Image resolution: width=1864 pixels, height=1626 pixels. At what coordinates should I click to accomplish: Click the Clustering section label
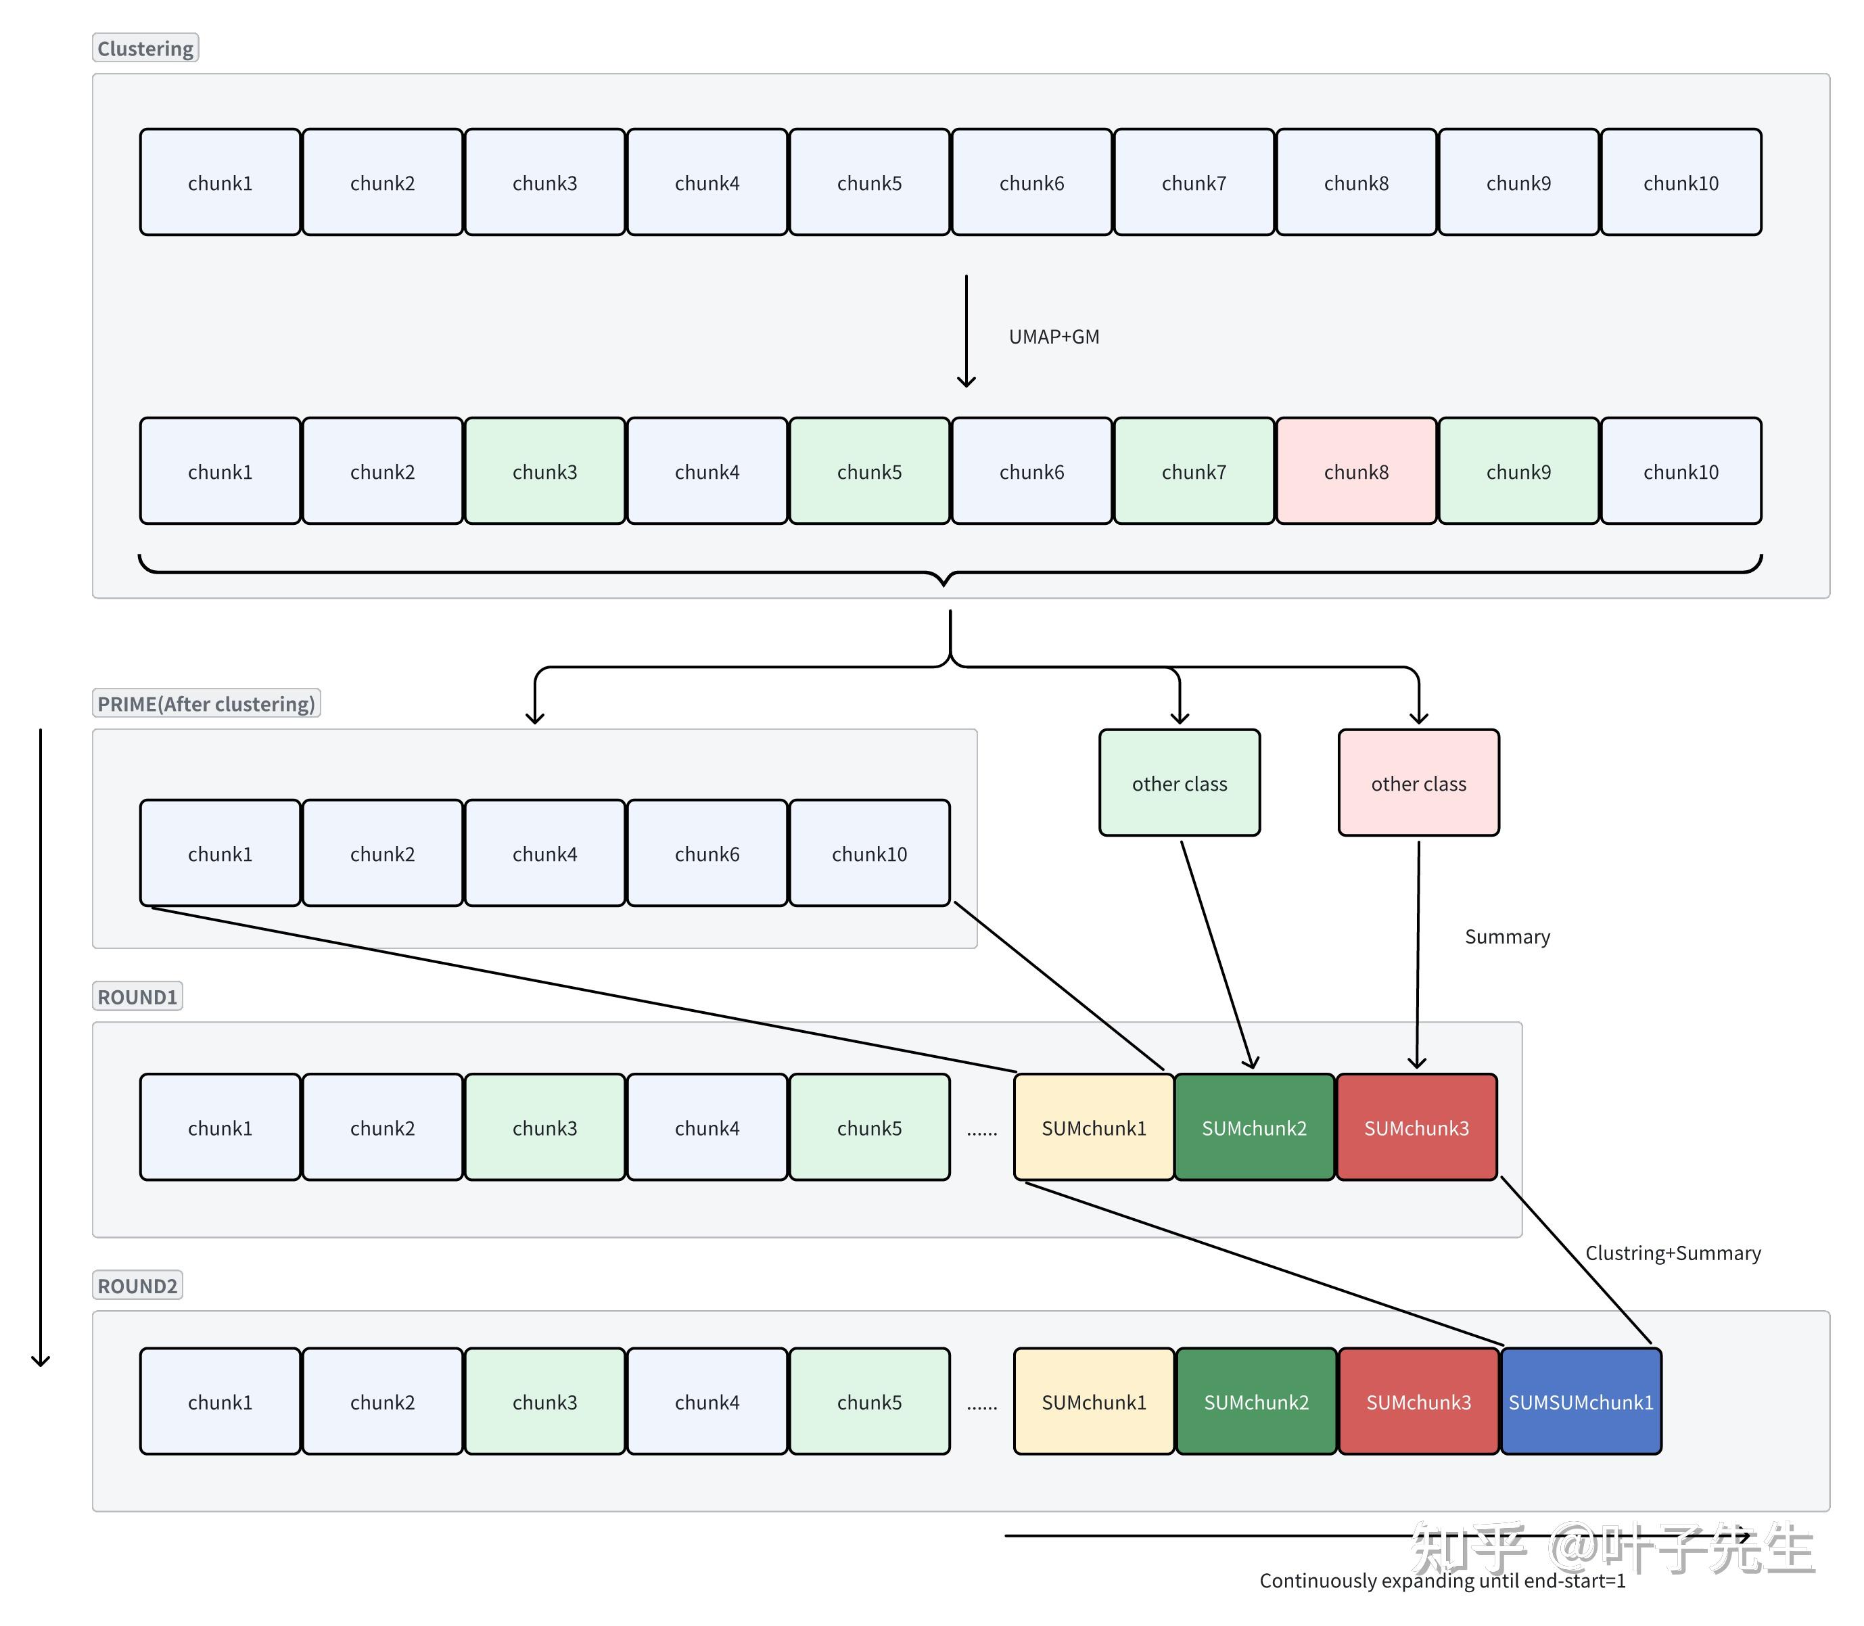(145, 48)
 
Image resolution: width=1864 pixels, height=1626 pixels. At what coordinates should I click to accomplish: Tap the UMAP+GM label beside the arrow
(1054, 337)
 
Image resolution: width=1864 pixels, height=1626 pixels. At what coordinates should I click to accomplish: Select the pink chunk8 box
(1356, 471)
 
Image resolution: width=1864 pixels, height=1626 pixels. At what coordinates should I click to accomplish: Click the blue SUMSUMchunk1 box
(1581, 1402)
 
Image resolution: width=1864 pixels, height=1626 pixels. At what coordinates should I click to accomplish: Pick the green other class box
(1179, 782)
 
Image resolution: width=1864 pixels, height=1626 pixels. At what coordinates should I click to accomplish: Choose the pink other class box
(1418, 782)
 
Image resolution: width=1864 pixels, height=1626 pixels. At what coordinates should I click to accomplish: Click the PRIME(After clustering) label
(206, 703)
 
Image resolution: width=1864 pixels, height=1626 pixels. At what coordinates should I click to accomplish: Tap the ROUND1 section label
(137, 996)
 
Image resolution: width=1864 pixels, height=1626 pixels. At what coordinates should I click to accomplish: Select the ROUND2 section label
(137, 1285)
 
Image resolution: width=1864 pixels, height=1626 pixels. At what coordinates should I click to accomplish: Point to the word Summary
(1508, 936)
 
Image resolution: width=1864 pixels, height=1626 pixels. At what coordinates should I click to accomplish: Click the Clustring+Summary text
(1673, 1253)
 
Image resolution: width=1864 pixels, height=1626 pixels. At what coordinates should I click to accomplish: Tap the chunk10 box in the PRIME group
(869, 853)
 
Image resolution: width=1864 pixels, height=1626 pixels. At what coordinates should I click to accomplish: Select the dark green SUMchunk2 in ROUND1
(1254, 1127)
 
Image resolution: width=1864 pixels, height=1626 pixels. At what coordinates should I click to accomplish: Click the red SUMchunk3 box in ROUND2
(1418, 1402)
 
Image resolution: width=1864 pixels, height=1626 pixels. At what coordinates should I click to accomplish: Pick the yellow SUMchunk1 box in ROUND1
(1094, 1127)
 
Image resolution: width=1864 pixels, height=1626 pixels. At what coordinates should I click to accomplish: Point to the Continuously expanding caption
(1442, 1581)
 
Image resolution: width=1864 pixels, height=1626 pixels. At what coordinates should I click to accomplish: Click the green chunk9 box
(1518, 471)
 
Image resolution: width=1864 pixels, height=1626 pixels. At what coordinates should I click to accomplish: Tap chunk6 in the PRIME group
(707, 853)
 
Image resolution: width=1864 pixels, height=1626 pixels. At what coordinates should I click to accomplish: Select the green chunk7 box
(1193, 471)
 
